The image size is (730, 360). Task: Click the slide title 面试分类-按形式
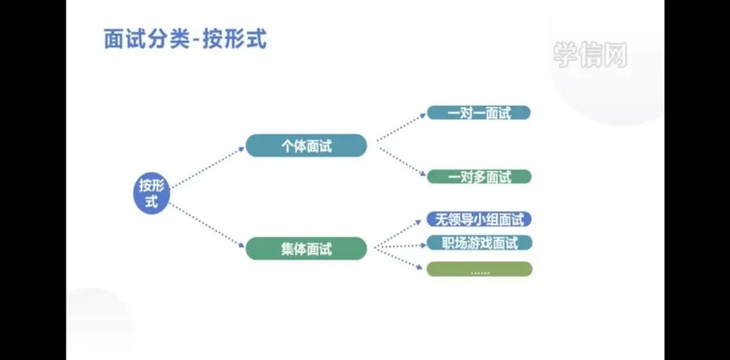pos(185,39)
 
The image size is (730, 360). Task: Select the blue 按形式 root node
pos(151,194)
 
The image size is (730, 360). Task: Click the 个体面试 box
pos(306,145)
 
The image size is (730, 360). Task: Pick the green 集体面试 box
pos(306,249)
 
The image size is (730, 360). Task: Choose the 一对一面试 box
pos(479,113)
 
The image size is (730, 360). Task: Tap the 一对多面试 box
pos(479,177)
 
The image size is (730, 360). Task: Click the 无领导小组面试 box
pos(479,219)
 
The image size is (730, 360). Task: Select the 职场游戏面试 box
pos(479,243)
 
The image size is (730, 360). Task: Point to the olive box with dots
pos(479,269)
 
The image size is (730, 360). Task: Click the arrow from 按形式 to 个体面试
pos(208,167)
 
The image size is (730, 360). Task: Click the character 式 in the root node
pos(151,203)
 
